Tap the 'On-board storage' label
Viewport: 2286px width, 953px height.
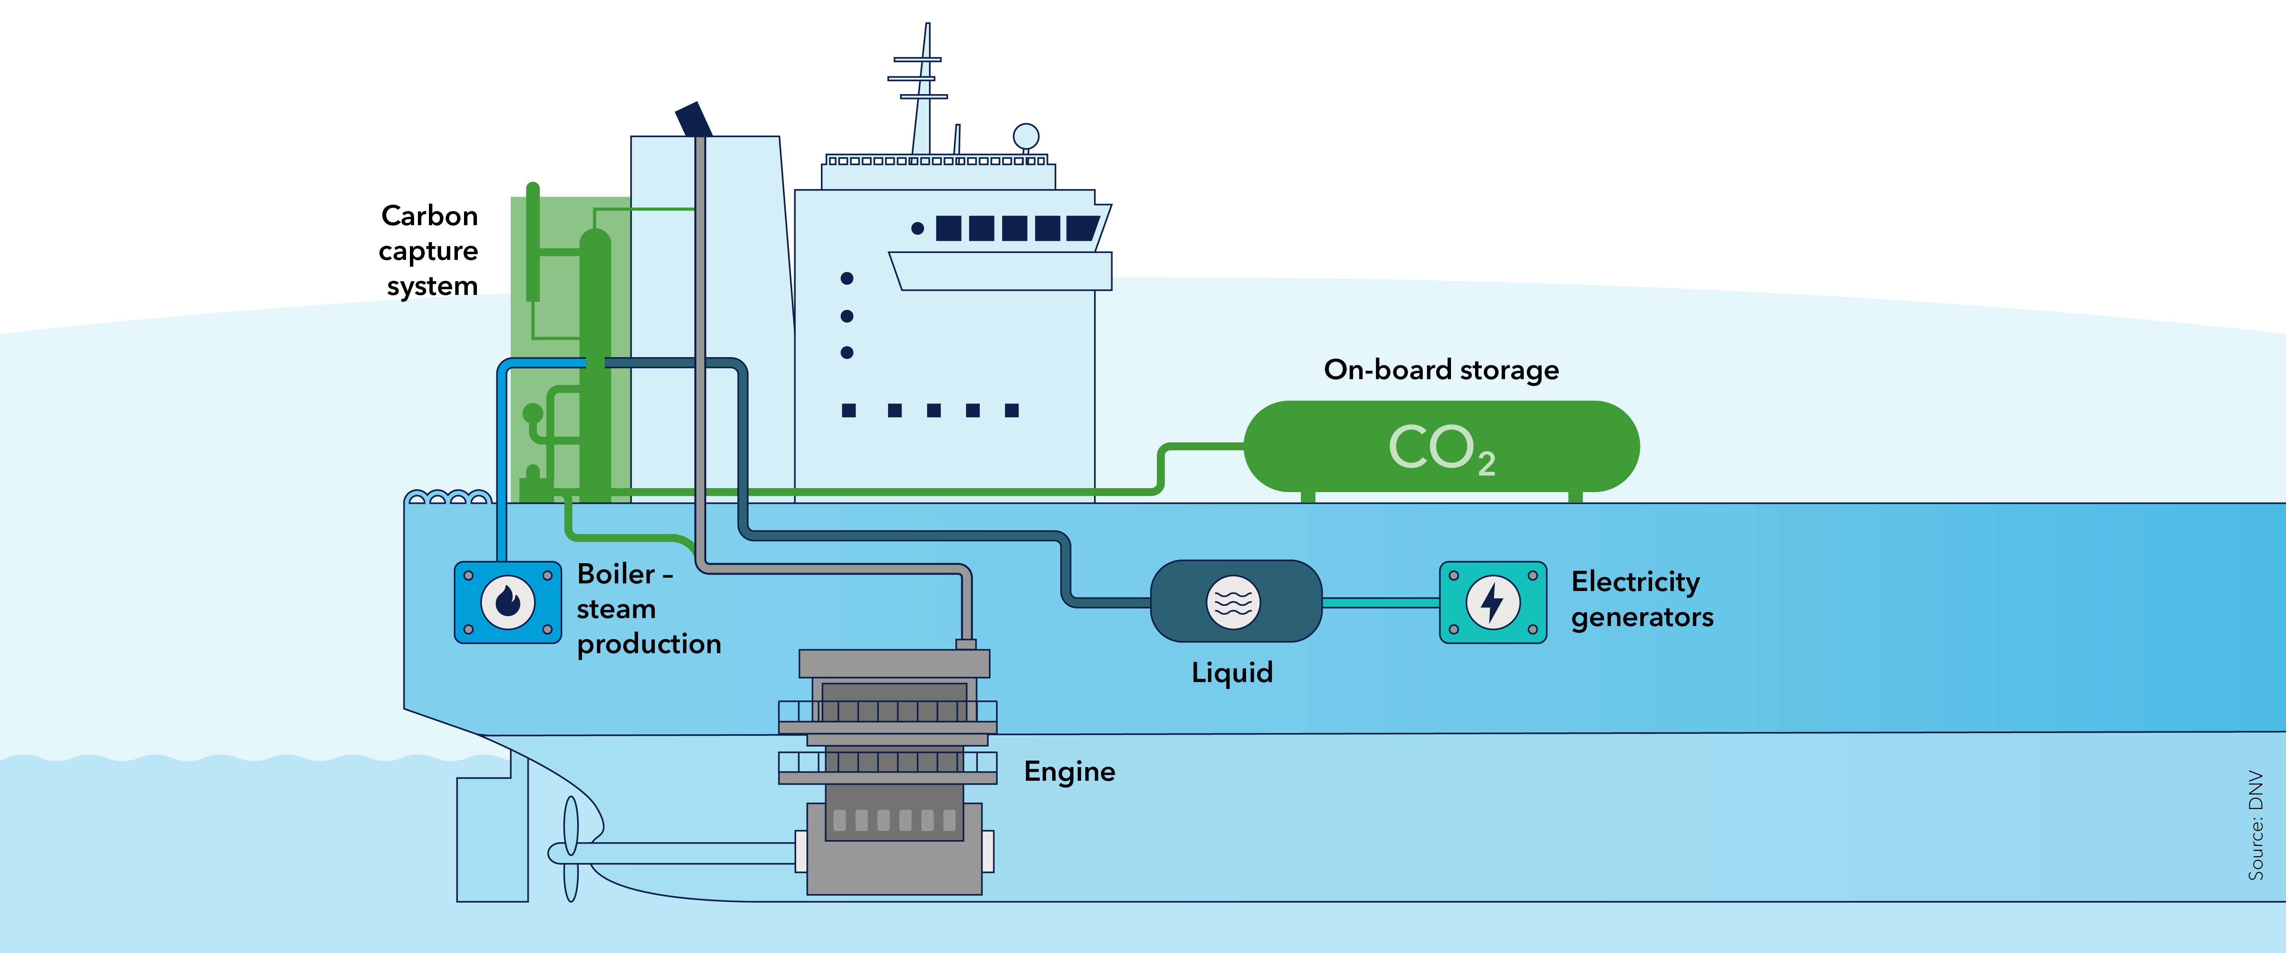tap(1441, 369)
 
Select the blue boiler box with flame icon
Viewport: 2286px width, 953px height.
tap(508, 602)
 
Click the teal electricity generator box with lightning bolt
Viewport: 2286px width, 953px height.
tap(1493, 602)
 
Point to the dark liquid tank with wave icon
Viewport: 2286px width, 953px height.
tap(1235, 602)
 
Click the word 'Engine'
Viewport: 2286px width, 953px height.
tap(1069, 771)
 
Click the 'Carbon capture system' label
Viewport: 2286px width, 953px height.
tap(430, 250)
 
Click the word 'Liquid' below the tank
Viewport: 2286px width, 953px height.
tap(1232, 672)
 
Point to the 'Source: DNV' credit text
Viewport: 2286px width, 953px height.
tap(2255, 825)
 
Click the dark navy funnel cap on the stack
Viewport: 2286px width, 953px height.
tap(693, 119)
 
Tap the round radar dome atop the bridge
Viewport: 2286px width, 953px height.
tap(1026, 136)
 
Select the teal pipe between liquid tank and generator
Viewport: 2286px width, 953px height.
tap(1380, 602)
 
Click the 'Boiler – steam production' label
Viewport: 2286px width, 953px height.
tap(648, 609)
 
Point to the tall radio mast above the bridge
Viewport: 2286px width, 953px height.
tap(923, 89)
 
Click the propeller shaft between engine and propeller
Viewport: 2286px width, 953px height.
tap(692, 853)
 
